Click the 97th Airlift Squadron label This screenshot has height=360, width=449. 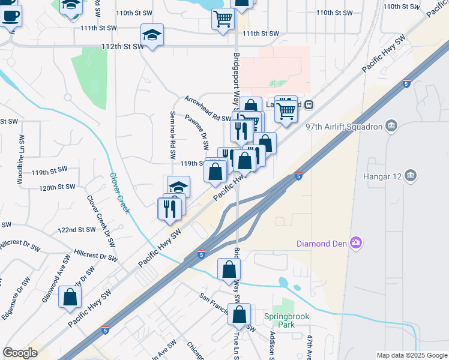coord(344,127)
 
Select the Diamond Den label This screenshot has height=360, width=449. coord(322,244)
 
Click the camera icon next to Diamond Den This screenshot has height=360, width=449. coord(356,243)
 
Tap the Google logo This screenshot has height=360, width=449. coord(20,353)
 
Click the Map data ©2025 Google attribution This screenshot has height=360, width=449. coord(411,355)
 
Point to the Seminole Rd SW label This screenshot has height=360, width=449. coord(172,130)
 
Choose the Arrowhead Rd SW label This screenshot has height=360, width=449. coord(208,109)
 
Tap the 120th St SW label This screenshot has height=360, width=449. coord(56,188)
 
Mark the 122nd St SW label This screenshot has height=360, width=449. coord(79,230)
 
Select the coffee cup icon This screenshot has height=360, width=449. coord(10,16)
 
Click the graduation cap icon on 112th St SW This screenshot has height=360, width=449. coord(152,35)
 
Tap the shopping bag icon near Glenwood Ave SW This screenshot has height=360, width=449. coord(71,296)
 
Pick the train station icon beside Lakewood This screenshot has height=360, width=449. coord(308,104)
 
